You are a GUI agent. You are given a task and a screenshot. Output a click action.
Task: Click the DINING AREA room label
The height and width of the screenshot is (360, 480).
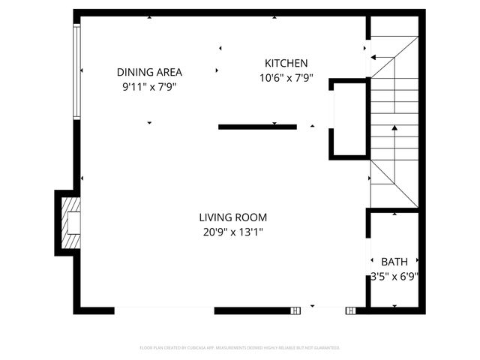point(149,72)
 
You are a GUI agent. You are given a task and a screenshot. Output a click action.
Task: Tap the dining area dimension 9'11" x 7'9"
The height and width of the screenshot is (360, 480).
point(149,86)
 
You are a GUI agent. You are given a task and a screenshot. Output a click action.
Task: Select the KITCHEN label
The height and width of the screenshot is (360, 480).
point(286,63)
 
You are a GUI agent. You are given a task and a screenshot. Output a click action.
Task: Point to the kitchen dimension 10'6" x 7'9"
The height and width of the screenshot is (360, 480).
point(286,77)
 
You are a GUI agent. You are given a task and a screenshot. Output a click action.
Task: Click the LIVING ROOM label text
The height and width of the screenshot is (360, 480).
point(232,217)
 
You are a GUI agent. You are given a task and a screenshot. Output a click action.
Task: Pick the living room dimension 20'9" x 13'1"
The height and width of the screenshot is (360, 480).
point(232,232)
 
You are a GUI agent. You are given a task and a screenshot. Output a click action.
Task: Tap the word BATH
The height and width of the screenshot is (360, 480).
point(394,262)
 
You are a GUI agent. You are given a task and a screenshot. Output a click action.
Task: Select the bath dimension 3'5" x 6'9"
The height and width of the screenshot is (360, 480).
point(394,276)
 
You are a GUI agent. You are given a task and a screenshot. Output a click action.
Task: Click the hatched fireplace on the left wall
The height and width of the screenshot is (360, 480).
point(70,223)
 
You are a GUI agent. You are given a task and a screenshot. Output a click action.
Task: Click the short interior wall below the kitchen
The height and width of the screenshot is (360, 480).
point(257,127)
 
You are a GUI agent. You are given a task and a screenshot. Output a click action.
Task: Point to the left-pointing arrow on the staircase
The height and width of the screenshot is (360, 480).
point(374,57)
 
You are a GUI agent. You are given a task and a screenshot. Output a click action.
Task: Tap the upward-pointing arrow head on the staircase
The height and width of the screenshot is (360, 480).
point(394,129)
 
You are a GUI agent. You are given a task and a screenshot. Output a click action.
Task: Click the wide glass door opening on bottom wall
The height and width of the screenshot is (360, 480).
point(165,310)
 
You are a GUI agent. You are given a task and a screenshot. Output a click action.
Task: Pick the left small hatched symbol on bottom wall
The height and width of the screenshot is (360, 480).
point(295,310)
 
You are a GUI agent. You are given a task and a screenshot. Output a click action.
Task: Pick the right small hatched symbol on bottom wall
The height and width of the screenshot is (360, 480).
point(350,310)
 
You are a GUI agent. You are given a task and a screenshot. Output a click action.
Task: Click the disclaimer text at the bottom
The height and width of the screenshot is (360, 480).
point(240,348)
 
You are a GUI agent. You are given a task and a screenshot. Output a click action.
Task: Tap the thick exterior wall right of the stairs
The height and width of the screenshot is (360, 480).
point(421,120)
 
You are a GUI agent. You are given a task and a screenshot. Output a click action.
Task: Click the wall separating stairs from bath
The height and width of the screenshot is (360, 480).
point(391,210)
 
